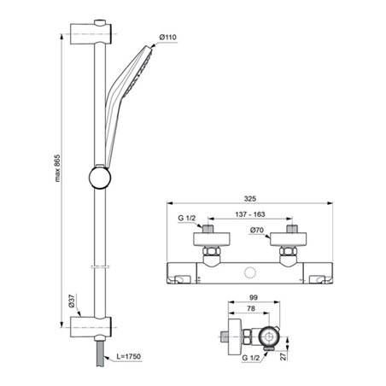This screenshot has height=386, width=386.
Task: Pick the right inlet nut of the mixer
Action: pyautogui.click(x=285, y=254)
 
